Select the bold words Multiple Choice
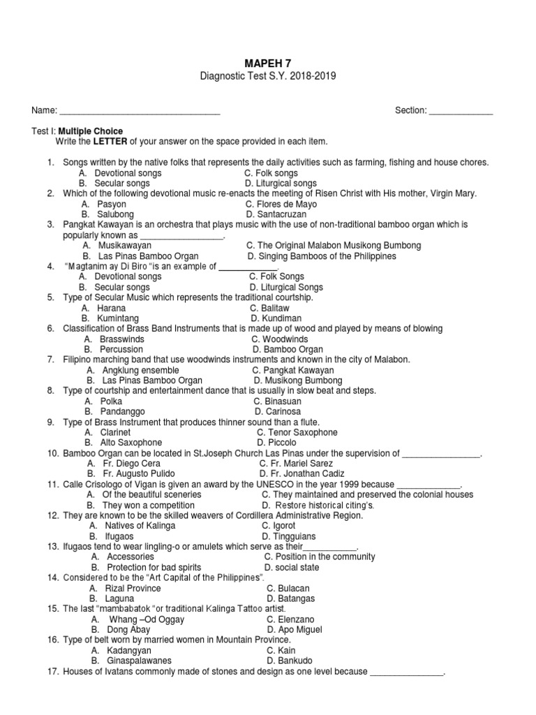pos(91,131)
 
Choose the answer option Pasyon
pos(112,204)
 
